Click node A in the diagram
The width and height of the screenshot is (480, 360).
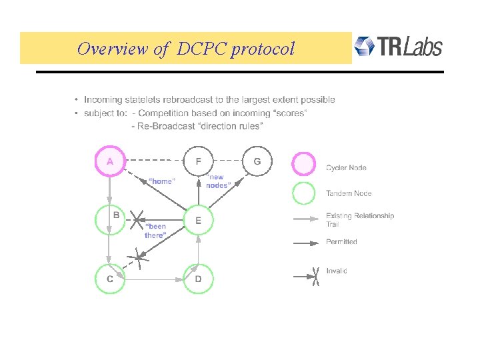(109, 161)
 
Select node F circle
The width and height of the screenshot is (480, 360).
(198, 161)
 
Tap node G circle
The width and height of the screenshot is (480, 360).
(257, 161)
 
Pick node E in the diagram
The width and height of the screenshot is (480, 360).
(198, 219)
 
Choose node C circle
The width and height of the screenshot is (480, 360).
(110, 279)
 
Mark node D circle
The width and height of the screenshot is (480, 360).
(198, 279)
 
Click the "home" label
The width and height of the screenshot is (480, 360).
(161, 181)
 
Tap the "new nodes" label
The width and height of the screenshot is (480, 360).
(218, 181)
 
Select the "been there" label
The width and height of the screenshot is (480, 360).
(155, 231)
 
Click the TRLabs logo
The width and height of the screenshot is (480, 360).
(398, 47)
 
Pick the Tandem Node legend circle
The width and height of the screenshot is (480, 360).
(304, 193)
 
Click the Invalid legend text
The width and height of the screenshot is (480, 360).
(336, 271)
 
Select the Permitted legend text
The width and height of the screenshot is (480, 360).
(341, 242)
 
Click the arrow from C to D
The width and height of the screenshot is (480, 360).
(154, 280)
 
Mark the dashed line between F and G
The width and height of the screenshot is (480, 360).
(227, 161)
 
